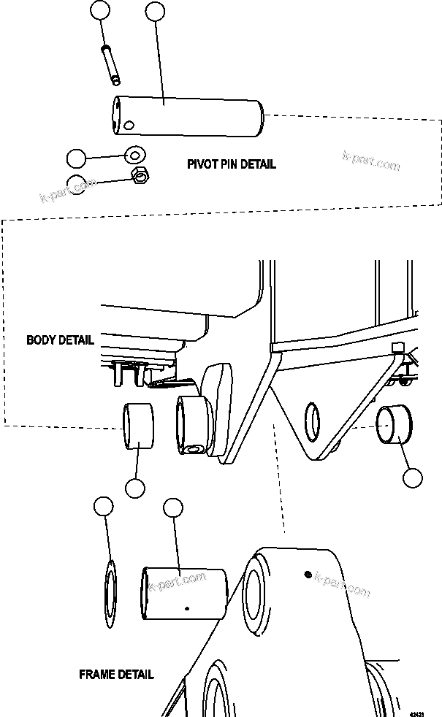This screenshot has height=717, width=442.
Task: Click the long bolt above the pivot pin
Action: point(110,64)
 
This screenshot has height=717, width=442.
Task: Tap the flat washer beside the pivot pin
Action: point(134,155)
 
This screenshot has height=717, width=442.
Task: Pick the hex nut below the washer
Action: point(140,175)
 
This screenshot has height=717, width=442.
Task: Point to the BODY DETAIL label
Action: point(60,340)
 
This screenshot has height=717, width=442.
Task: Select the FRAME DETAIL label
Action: point(116,675)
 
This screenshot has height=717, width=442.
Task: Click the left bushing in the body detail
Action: point(140,427)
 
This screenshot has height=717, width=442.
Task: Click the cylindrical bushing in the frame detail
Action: point(185,594)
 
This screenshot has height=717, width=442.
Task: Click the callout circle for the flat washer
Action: point(77,158)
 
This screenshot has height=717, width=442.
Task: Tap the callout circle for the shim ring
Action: point(104,506)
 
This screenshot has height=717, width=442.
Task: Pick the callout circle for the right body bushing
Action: point(413,478)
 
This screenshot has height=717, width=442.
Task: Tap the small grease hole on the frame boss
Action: point(308,574)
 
